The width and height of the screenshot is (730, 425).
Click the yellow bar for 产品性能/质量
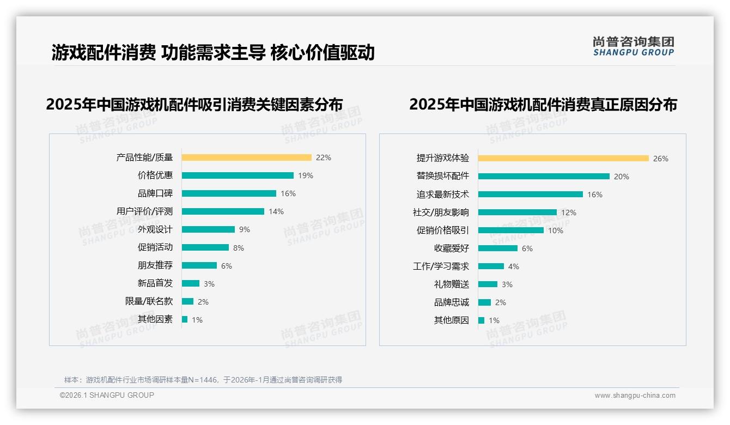[246, 157]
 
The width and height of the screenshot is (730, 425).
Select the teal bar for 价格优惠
[238, 175]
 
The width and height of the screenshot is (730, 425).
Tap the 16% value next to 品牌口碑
[288, 193]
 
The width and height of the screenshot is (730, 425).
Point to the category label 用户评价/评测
[144, 211]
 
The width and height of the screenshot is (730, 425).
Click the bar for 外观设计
[208, 229]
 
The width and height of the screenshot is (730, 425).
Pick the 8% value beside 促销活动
[239, 248]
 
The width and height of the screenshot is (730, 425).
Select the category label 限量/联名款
[149, 301]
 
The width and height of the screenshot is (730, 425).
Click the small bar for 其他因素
[185, 319]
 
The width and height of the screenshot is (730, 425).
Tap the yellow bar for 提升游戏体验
[563, 159]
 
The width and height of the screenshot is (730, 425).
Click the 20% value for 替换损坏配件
[621, 177]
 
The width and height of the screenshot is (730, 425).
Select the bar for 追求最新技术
[530, 194]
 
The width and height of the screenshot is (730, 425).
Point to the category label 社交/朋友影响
[441, 212]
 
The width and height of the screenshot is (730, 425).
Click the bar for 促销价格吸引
[510, 230]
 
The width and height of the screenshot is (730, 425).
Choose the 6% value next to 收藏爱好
[527, 248]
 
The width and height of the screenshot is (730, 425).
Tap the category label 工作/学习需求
[441, 266]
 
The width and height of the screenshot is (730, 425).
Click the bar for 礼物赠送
[488, 284]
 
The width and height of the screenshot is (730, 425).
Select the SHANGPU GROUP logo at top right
[633, 46]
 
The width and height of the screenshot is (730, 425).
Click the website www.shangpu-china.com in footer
[635, 396]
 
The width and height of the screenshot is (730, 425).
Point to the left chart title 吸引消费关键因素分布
[194, 104]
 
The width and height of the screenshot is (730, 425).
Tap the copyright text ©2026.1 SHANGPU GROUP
[107, 395]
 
